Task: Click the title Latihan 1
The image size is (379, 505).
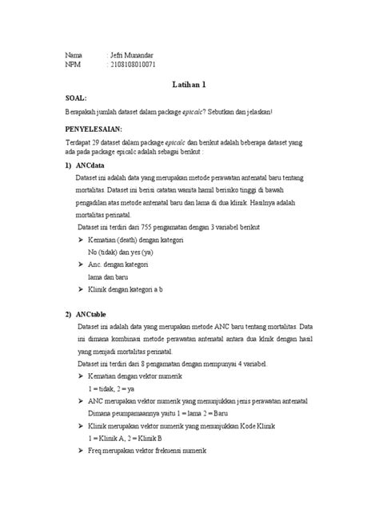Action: pyautogui.click(x=189, y=82)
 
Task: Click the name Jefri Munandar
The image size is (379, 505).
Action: pyautogui.click(x=131, y=54)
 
